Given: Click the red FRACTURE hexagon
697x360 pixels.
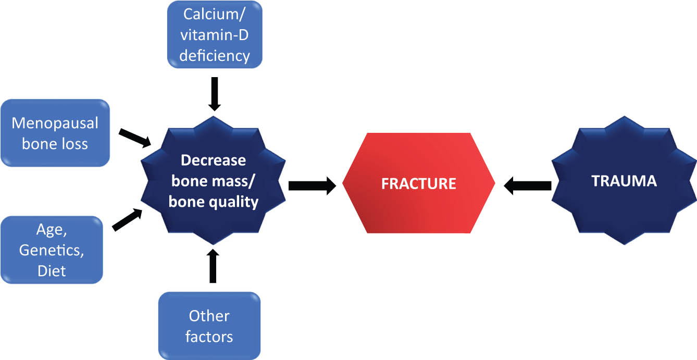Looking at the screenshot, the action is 418,183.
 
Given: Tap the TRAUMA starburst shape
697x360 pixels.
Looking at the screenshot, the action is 624,180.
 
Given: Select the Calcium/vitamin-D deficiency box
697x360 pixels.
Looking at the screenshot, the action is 215,34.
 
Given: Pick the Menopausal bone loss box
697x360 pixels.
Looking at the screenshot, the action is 55,133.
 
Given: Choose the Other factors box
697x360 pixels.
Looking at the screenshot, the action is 209,326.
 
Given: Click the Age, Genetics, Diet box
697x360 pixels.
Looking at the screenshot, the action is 52,250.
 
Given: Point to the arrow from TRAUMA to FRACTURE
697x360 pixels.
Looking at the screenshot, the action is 527,186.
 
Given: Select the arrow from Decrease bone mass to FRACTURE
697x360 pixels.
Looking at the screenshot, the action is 313,186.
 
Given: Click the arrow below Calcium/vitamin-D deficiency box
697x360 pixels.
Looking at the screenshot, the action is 215,94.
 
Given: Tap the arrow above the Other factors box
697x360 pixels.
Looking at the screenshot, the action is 213,266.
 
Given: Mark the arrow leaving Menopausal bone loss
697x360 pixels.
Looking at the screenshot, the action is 135,138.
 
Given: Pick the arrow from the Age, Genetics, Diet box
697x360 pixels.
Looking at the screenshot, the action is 127,220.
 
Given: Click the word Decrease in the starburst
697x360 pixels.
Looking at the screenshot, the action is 214,160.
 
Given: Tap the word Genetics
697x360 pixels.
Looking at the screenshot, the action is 52,250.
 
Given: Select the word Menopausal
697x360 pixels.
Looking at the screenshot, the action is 55,123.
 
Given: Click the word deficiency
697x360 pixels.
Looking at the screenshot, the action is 215,56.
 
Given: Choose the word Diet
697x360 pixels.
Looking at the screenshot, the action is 52,271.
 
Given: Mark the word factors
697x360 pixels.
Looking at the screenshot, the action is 209,337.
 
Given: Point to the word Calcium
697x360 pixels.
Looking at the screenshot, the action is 211,14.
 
